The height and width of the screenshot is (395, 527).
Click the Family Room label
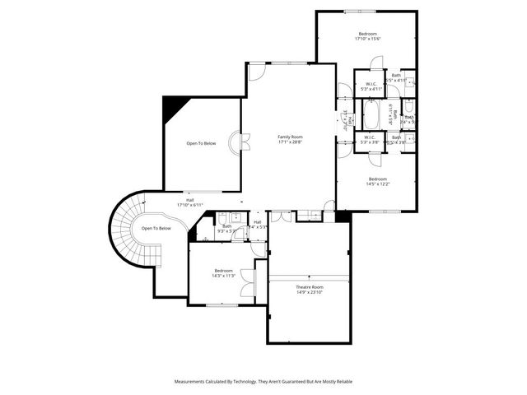(290, 137)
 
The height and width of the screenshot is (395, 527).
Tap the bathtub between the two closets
(371, 117)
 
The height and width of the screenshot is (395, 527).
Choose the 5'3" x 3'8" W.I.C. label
(370, 139)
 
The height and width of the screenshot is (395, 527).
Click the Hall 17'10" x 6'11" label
(189, 202)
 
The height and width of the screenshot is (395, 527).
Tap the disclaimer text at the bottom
(263, 382)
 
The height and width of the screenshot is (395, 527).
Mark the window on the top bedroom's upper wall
(357, 11)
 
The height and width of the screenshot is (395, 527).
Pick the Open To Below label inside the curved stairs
(156, 228)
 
